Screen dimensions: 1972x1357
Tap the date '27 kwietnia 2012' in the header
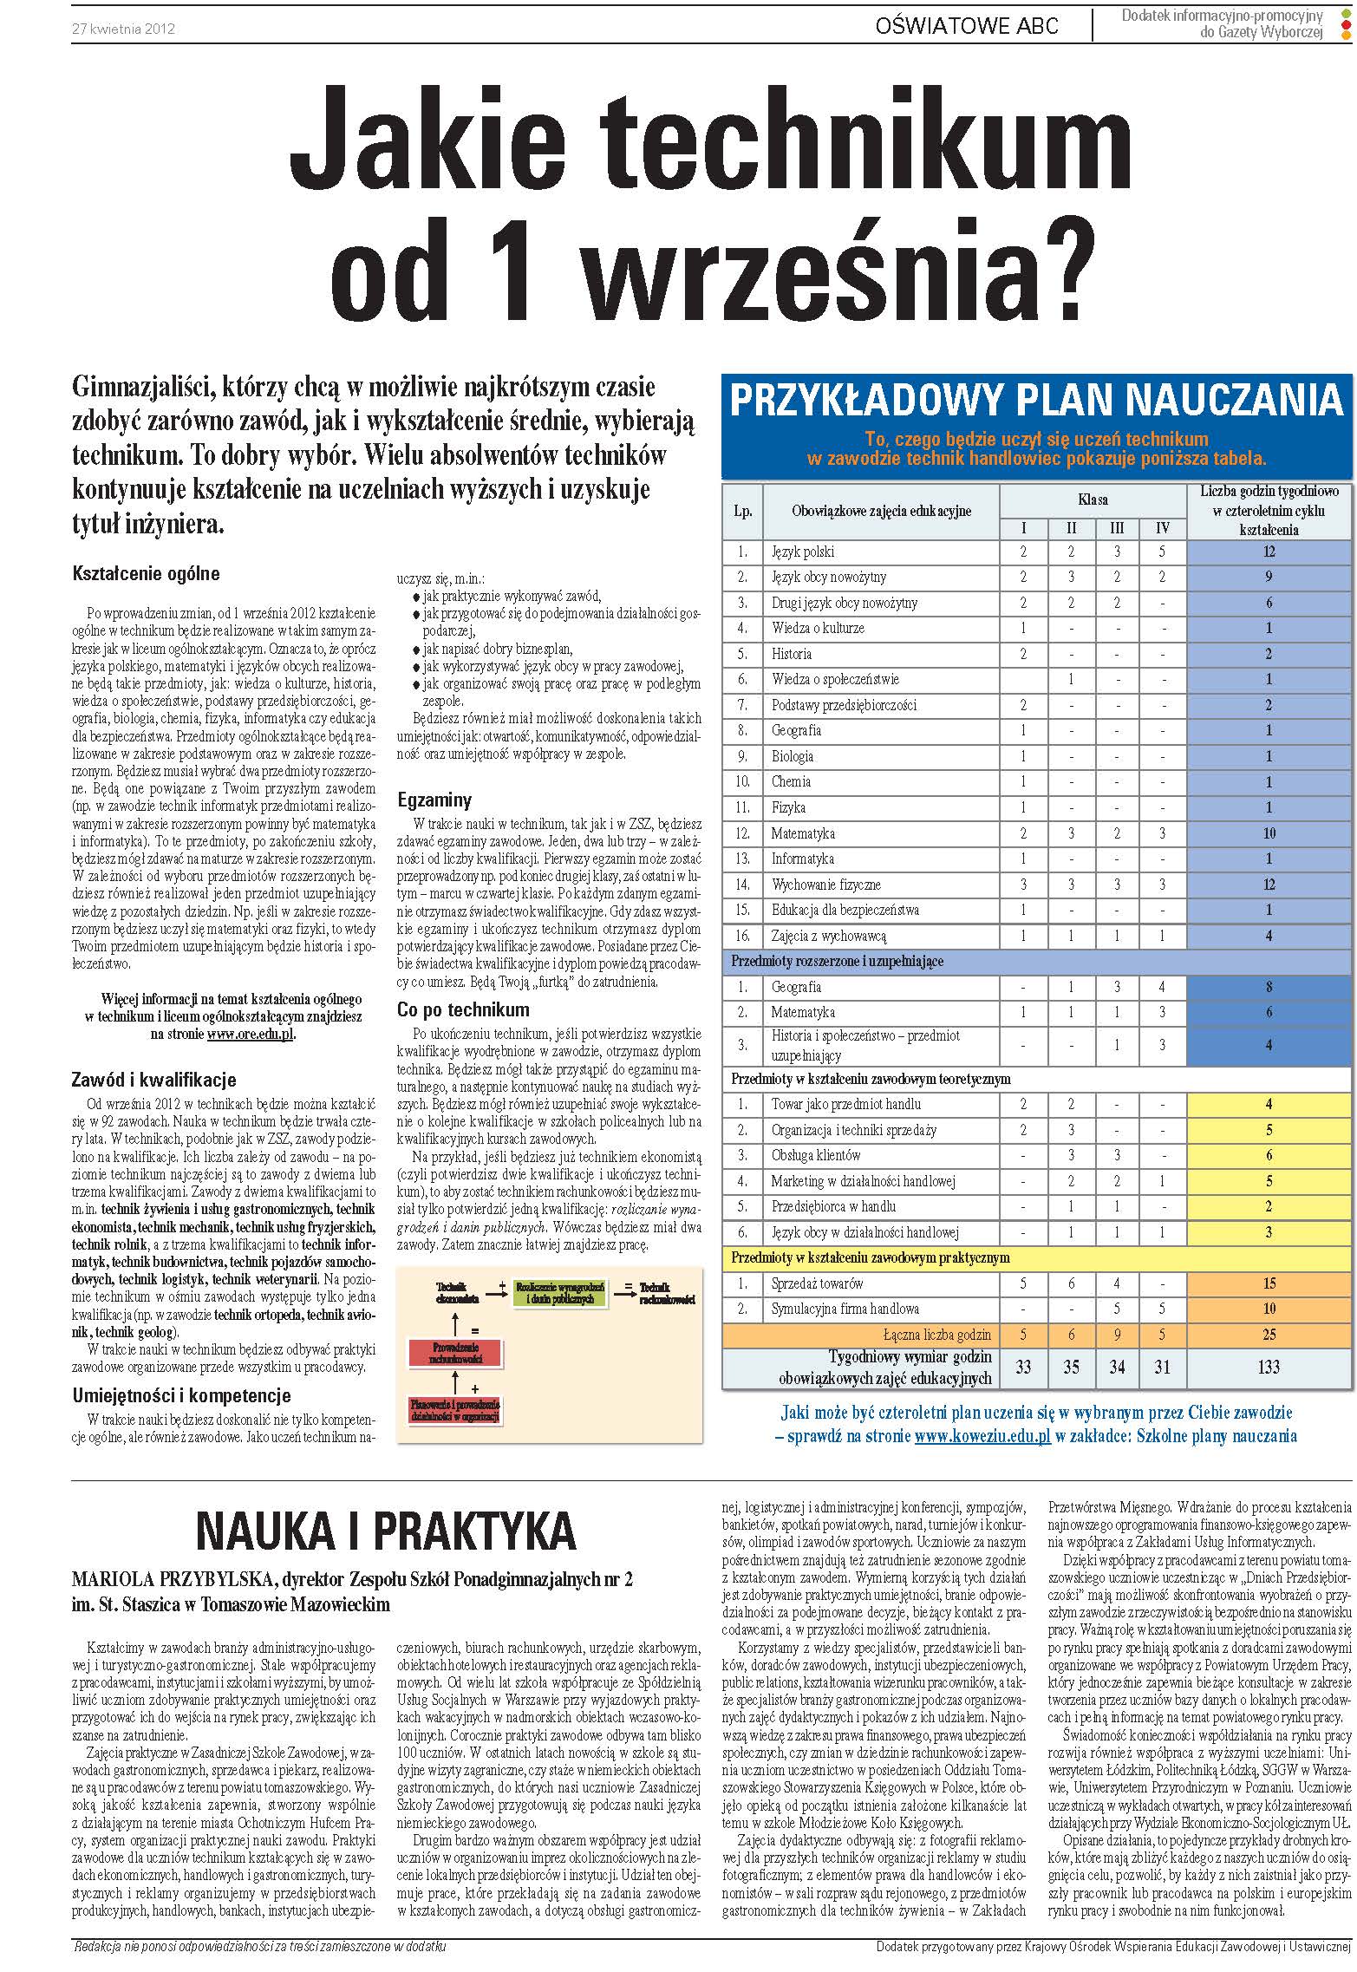[x=124, y=29]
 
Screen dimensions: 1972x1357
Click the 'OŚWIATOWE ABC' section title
[x=967, y=26]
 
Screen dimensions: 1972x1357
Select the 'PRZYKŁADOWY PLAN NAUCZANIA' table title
[x=1036, y=401]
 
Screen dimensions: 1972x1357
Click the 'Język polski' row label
[x=803, y=552]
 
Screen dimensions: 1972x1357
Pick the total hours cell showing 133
[x=1268, y=1367]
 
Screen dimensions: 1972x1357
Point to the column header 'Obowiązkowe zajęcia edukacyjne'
[x=881, y=511]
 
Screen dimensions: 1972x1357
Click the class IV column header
[x=1162, y=527]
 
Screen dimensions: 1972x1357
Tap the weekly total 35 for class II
[x=1071, y=1367]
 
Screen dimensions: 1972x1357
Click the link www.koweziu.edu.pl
[x=982, y=1436]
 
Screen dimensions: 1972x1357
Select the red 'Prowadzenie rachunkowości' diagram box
[x=454, y=1354]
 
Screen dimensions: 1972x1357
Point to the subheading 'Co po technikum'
[x=463, y=1009]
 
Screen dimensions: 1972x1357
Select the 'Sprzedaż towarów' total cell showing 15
[x=1268, y=1283]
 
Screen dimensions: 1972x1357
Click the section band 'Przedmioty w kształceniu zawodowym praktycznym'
[x=871, y=1257]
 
